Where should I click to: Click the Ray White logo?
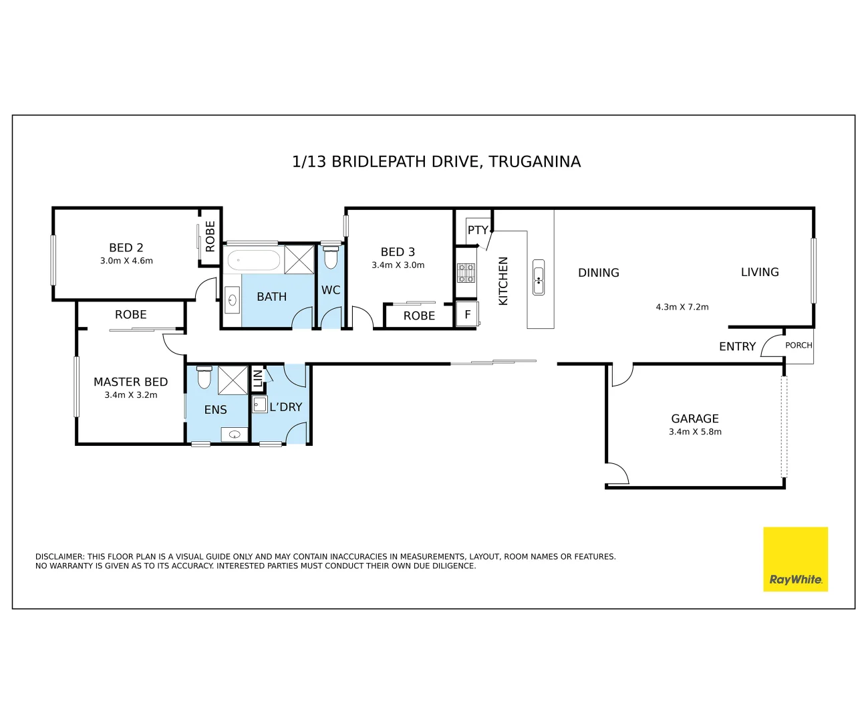coord(795,559)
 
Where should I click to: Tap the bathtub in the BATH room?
coord(253,260)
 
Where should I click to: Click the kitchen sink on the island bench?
coord(539,277)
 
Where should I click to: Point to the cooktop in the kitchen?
coord(466,273)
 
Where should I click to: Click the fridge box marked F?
coord(468,314)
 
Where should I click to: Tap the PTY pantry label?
coord(478,230)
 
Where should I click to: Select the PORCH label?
coord(799,345)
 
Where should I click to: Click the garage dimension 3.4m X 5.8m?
coord(695,432)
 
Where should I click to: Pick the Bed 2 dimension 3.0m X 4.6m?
coord(126,261)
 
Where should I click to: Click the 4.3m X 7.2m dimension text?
coord(682,307)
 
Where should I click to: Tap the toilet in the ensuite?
coord(204,377)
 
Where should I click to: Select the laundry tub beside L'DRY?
coord(260,404)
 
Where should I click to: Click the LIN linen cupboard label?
coord(257,378)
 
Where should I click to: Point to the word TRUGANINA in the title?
coord(535,161)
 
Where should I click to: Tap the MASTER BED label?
coord(131,382)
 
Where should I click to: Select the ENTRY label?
coord(737,346)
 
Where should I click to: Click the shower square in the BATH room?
coord(299,259)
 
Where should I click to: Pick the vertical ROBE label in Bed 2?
coord(210,236)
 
